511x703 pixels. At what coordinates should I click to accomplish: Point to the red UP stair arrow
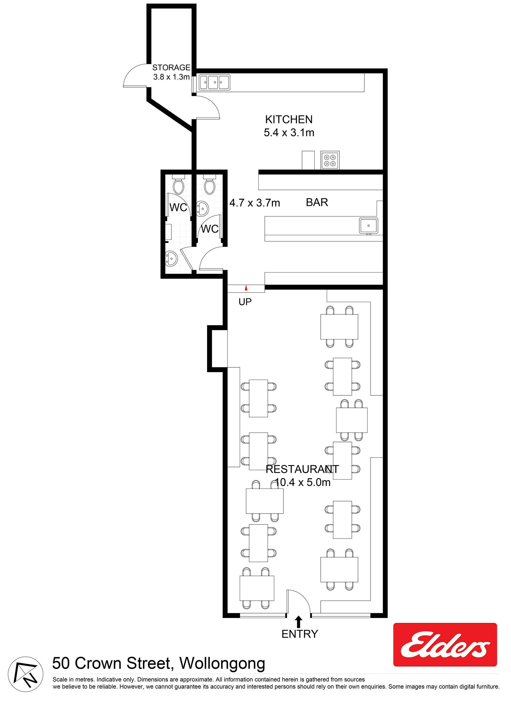pos(246,288)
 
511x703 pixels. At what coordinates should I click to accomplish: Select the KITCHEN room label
pos(289,119)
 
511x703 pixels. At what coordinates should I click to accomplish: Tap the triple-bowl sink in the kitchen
pos(214,83)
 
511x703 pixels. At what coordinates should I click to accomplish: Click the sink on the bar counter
pos(369,225)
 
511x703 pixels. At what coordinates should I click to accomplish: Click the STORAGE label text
pos(171,68)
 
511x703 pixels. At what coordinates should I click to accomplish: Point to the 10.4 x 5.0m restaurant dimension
pos(303,482)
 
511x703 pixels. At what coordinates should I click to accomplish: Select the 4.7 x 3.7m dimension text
pos(255,203)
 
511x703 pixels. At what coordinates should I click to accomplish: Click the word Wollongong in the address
pos(222,664)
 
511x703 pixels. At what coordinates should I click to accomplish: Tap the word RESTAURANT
pos(302,469)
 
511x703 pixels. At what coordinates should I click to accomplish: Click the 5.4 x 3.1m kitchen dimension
pos(289,133)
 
